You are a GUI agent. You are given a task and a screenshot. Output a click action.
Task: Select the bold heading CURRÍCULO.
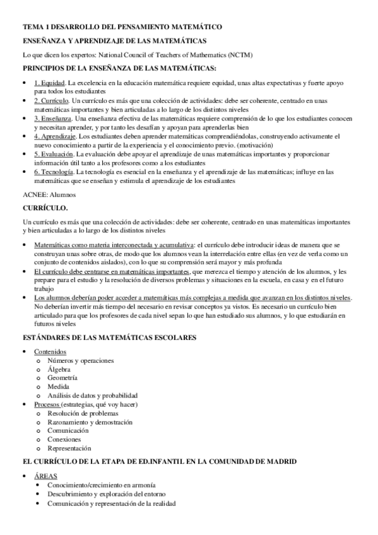(x=45, y=208)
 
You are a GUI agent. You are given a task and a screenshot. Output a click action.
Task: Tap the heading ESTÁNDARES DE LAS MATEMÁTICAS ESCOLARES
(x=109, y=338)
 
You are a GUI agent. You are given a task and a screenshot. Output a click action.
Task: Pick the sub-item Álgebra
(x=60, y=369)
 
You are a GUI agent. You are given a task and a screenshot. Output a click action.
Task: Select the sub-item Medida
(x=59, y=387)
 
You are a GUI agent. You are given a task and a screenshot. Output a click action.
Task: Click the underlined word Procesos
(x=47, y=404)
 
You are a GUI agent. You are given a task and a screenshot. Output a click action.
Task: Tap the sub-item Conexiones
(x=64, y=439)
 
